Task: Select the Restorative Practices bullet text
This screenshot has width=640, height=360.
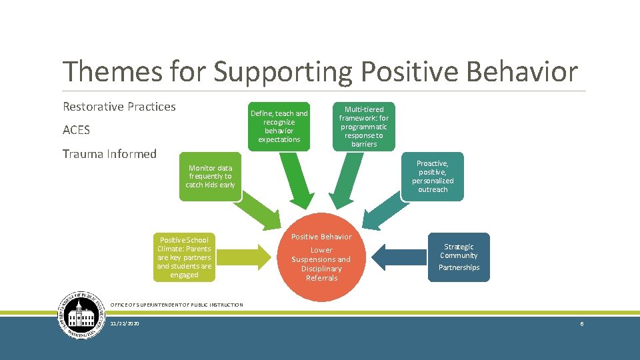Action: click(x=119, y=107)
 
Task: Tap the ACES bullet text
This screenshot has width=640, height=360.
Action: click(x=76, y=130)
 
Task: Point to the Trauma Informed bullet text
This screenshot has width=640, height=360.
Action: click(x=109, y=154)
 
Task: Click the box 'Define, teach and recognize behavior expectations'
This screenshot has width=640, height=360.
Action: click(x=279, y=126)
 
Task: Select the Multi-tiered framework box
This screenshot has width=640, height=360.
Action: click(x=363, y=126)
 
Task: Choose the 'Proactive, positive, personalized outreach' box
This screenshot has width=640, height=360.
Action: click(x=433, y=177)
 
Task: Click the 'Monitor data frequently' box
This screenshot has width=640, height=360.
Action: click(x=210, y=177)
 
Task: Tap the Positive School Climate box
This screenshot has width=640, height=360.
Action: click(x=184, y=257)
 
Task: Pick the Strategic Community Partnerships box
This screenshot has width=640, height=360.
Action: click(x=459, y=257)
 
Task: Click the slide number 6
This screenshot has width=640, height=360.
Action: click(x=582, y=323)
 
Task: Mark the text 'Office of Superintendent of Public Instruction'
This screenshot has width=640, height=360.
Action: click(x=175, y=305)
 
